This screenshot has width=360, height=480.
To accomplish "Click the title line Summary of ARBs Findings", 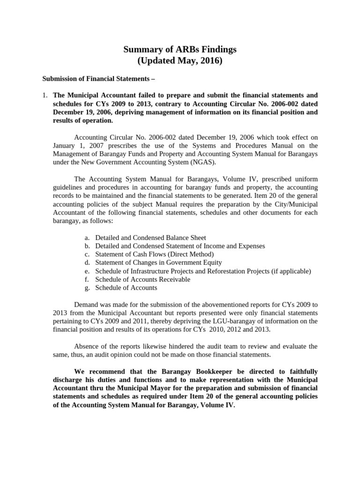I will coord(180,49).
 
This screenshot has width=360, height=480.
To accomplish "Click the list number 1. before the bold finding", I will coord(45,95).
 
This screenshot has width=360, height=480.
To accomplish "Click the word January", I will coord(64,145).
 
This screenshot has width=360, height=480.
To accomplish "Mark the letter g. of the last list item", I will coord(87,288).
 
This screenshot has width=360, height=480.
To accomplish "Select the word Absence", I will coord(87,346).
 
